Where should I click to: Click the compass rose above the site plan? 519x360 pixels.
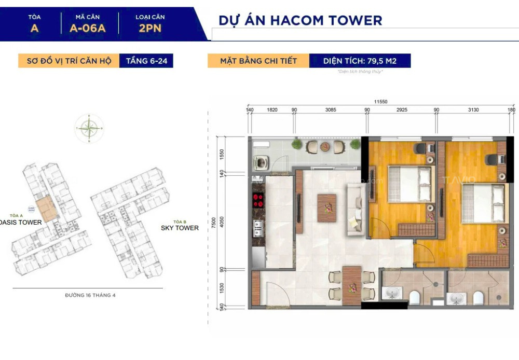(89, 128)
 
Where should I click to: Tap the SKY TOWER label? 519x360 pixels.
(179, 228)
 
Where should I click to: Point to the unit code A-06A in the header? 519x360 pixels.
(87, 29)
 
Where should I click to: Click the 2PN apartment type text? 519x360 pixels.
(150, 29)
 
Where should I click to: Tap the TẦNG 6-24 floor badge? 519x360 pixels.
(146, 61)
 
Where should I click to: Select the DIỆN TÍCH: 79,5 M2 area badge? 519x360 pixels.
(360, 61)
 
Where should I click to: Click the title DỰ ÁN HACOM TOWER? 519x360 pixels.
(300, 20)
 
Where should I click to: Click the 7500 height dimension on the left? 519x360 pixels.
(220, 222)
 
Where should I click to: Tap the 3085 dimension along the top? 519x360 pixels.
(331, 110)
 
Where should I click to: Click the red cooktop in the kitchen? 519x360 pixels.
(257, 201)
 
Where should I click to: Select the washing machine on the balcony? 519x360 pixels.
(261, 161)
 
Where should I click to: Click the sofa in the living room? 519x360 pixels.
(356, 210)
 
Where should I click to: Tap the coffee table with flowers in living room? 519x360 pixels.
(326, 207)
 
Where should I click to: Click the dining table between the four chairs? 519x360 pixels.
(352, 285)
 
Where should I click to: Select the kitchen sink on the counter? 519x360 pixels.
(257, 228)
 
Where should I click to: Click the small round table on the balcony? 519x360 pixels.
(325, 146)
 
